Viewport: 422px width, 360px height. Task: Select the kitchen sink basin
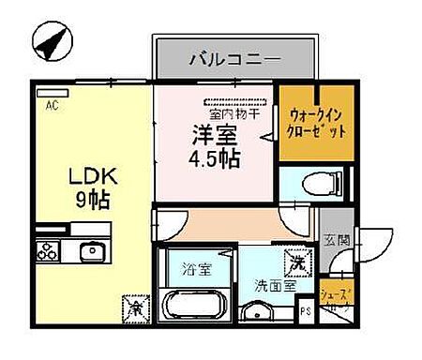click(90, 251)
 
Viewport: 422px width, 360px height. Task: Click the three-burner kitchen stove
click(48, 251)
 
